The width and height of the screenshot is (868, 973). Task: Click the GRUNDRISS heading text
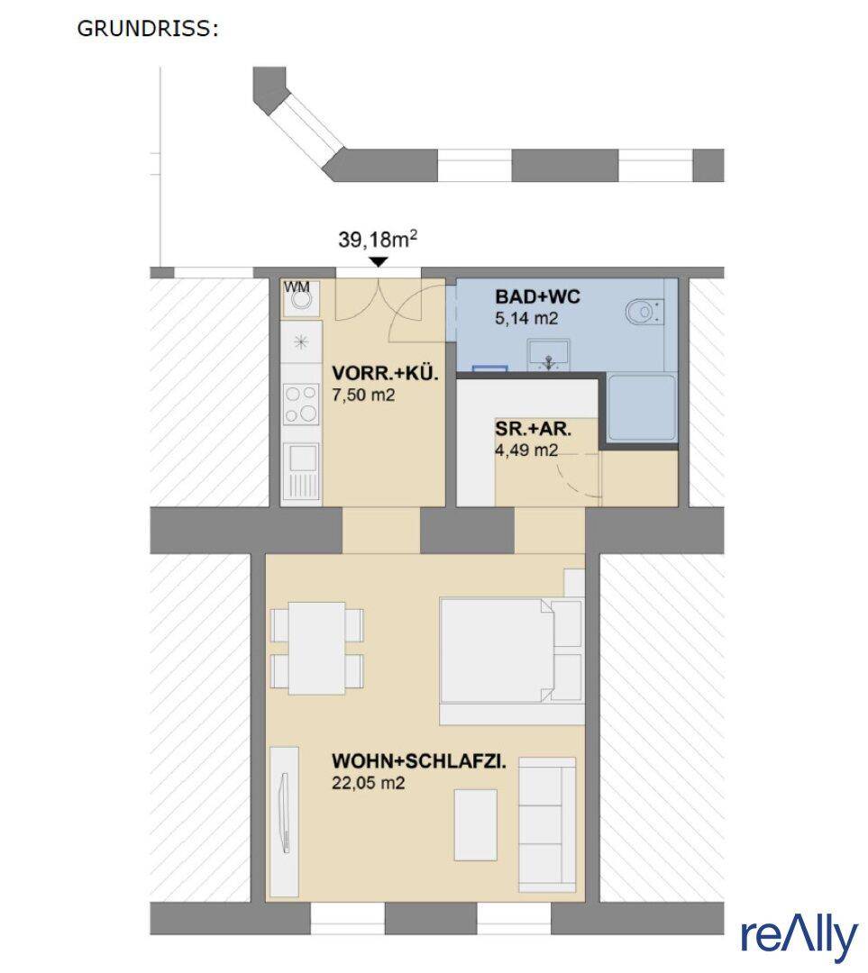(148, 29)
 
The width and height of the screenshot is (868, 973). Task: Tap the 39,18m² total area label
(378, 239)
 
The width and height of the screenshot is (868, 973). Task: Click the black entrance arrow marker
(379, 262)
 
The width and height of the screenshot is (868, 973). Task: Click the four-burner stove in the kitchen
(301, 404)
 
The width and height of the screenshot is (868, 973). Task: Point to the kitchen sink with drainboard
(302, 470)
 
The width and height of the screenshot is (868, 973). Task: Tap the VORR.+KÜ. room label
(385, 373)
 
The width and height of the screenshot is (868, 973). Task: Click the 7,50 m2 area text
(363, 396)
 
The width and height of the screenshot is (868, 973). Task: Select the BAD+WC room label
(537, 296)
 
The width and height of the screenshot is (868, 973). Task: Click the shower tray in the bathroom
(642, 407)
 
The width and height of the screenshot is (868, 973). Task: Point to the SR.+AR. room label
(533, 429)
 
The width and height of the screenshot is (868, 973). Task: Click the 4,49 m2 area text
(525, 450)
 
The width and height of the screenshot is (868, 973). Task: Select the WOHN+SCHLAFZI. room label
(419, 760)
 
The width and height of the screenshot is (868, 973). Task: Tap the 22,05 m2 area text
(368, 783)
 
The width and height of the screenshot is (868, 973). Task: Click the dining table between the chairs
(317, 648)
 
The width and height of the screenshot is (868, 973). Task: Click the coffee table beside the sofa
(476, 824)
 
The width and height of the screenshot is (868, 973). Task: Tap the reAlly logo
(799, 938)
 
